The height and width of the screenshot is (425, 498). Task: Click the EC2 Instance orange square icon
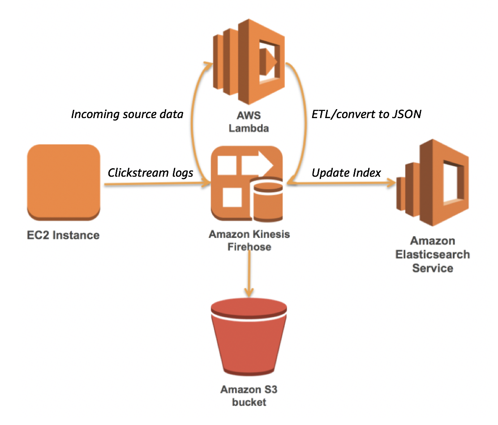[64, 183]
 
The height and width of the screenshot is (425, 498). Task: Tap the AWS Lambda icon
[249, 62]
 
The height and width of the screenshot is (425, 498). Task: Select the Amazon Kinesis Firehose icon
[247, 183]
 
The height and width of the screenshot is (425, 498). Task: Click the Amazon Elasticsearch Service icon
[433, 183]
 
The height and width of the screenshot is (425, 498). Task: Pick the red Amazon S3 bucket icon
[249, 337]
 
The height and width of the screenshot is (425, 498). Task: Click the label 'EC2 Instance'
[63, 235]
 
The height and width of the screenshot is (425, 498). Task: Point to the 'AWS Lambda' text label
[249, 122]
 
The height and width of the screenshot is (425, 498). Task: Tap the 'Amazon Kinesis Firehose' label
[249, 240]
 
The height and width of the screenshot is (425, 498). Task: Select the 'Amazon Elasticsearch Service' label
[433, 255]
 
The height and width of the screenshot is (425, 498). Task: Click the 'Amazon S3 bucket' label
[249, 396]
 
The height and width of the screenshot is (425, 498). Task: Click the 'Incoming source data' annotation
[127, 114]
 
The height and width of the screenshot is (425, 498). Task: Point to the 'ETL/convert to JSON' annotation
[366, 114]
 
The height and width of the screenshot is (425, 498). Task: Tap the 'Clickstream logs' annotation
[150, 173]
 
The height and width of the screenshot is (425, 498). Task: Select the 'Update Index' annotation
[346, 173]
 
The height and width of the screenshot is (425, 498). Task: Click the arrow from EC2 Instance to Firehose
[157, 183]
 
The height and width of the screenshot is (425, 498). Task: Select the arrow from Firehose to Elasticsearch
[341, 183]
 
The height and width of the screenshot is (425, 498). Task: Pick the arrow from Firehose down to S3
[249, 273]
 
